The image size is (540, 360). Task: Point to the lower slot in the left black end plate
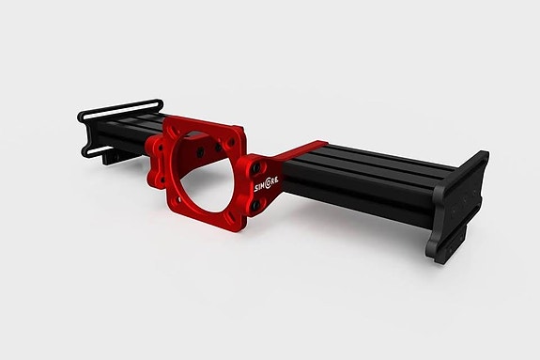pyautogui.click(x=94, y=149)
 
